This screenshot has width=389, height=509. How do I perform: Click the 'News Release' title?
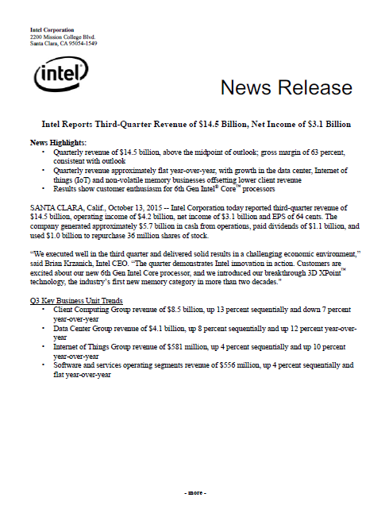[x=286, y=87]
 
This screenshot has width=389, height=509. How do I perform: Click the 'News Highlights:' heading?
[x=56, y=142]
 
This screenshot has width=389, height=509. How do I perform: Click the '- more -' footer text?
[x=194, y=492]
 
